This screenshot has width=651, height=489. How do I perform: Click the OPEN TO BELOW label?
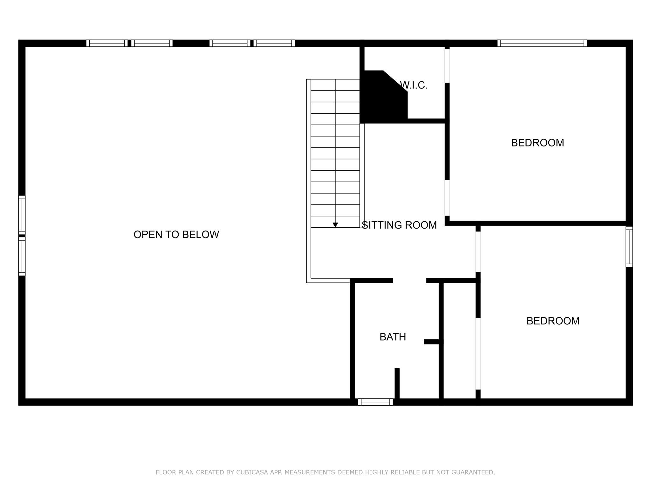point(176,235)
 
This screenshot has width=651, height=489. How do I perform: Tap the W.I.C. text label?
point(414,85)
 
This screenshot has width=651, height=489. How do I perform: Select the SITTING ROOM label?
point(399,225)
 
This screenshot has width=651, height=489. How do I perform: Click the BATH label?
point(393,337)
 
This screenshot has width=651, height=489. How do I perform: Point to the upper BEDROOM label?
point(538,143)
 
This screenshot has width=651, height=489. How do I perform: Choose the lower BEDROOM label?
point(553,321)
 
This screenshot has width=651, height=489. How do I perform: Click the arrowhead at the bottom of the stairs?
point(335,225)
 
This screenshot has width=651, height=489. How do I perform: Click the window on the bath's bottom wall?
point(375,402)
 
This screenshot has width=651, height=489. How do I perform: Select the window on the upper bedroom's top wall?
point(542,43)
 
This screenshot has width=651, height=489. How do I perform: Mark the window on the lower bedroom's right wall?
point(629,247)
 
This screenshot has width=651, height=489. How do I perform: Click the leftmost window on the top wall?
point(107,43)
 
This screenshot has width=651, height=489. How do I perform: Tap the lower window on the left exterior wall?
point(22,256)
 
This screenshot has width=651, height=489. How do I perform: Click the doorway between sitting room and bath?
point(409,280)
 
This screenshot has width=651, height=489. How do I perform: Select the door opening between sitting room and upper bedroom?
point(447,198)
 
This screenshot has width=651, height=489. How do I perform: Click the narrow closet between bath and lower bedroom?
point(459,341)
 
